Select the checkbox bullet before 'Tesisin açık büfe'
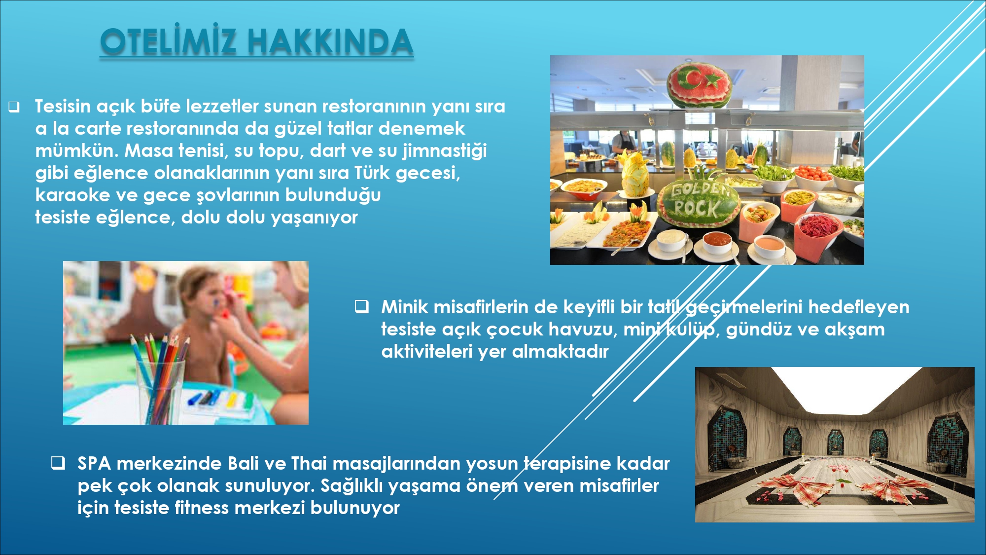(14, 107)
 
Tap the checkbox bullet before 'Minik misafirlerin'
(362, 307)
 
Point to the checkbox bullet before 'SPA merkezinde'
(58, 463)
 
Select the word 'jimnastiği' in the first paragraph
(445, 151)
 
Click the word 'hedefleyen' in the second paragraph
(859, 307)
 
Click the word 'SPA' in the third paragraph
(94, 463)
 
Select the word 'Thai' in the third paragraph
(309, 463)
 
